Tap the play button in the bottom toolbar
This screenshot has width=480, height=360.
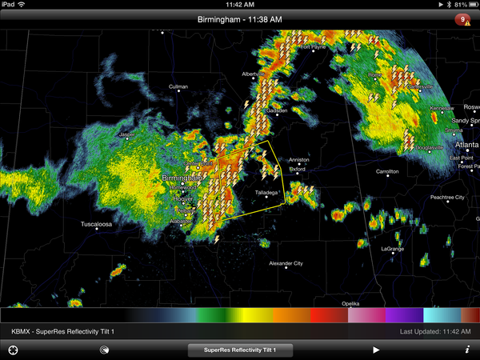click(376, 350)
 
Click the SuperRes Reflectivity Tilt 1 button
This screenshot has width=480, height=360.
click(240, 350)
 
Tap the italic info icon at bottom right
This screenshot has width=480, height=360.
click(466, 350)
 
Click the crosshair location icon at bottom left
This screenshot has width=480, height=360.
click(13, 350)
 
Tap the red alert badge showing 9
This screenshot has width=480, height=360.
click(462, 19)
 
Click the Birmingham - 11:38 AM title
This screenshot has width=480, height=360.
click(240, 19)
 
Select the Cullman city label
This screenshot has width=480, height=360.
click(178, 86)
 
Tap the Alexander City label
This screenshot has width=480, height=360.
click(286, 263)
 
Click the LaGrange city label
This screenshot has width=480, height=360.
click(392, 249)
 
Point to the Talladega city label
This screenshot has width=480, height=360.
click(267, 193)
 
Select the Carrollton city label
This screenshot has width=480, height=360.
click(388, 171)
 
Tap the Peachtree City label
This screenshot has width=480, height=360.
click(447, 197)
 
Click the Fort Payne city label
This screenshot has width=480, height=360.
click(314, 47)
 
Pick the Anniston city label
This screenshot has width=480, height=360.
click(298, 159)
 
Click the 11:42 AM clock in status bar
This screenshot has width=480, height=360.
click(240, 4)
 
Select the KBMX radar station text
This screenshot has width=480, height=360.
click(22, 330)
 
